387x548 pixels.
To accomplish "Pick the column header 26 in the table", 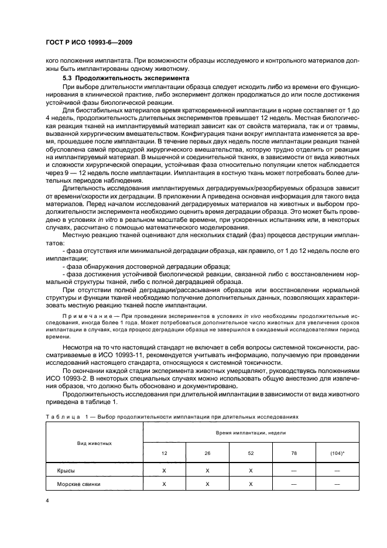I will (x=207, y=454).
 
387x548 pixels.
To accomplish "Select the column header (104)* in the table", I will (x=337, y=454).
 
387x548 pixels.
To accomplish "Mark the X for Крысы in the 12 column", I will (x=165, y=470).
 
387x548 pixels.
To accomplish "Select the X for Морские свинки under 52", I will (x=251, y=484).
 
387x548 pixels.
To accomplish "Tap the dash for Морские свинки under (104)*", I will (x=337, y=484).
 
